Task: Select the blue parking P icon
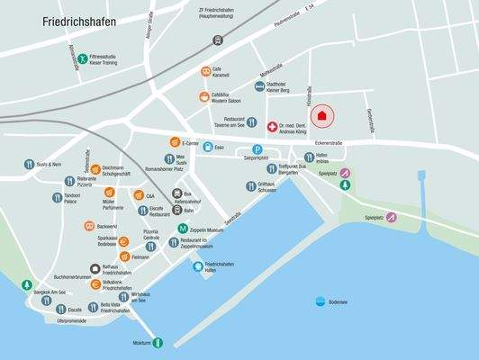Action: (257, 149)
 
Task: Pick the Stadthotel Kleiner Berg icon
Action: (258, 87)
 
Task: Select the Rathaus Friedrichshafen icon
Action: (95, 267)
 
